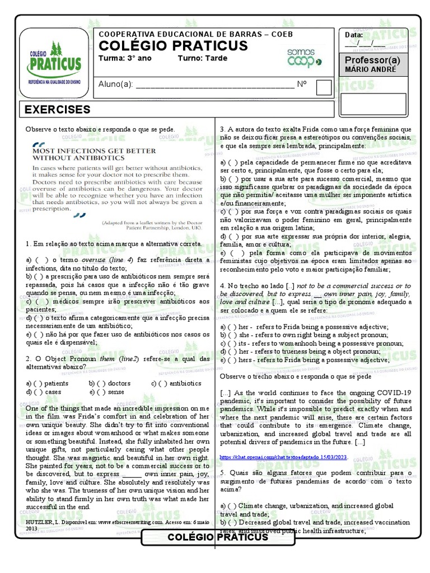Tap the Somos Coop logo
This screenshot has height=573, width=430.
point(304,58)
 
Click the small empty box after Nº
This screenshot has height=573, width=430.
point(324,87)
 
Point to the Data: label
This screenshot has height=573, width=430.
point(354,35)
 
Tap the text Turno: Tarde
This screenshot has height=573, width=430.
point(203,58)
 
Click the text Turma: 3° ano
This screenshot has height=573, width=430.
point(124,58)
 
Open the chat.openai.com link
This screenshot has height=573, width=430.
point(284,457)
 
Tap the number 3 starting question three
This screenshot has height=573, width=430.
point(222,129)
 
